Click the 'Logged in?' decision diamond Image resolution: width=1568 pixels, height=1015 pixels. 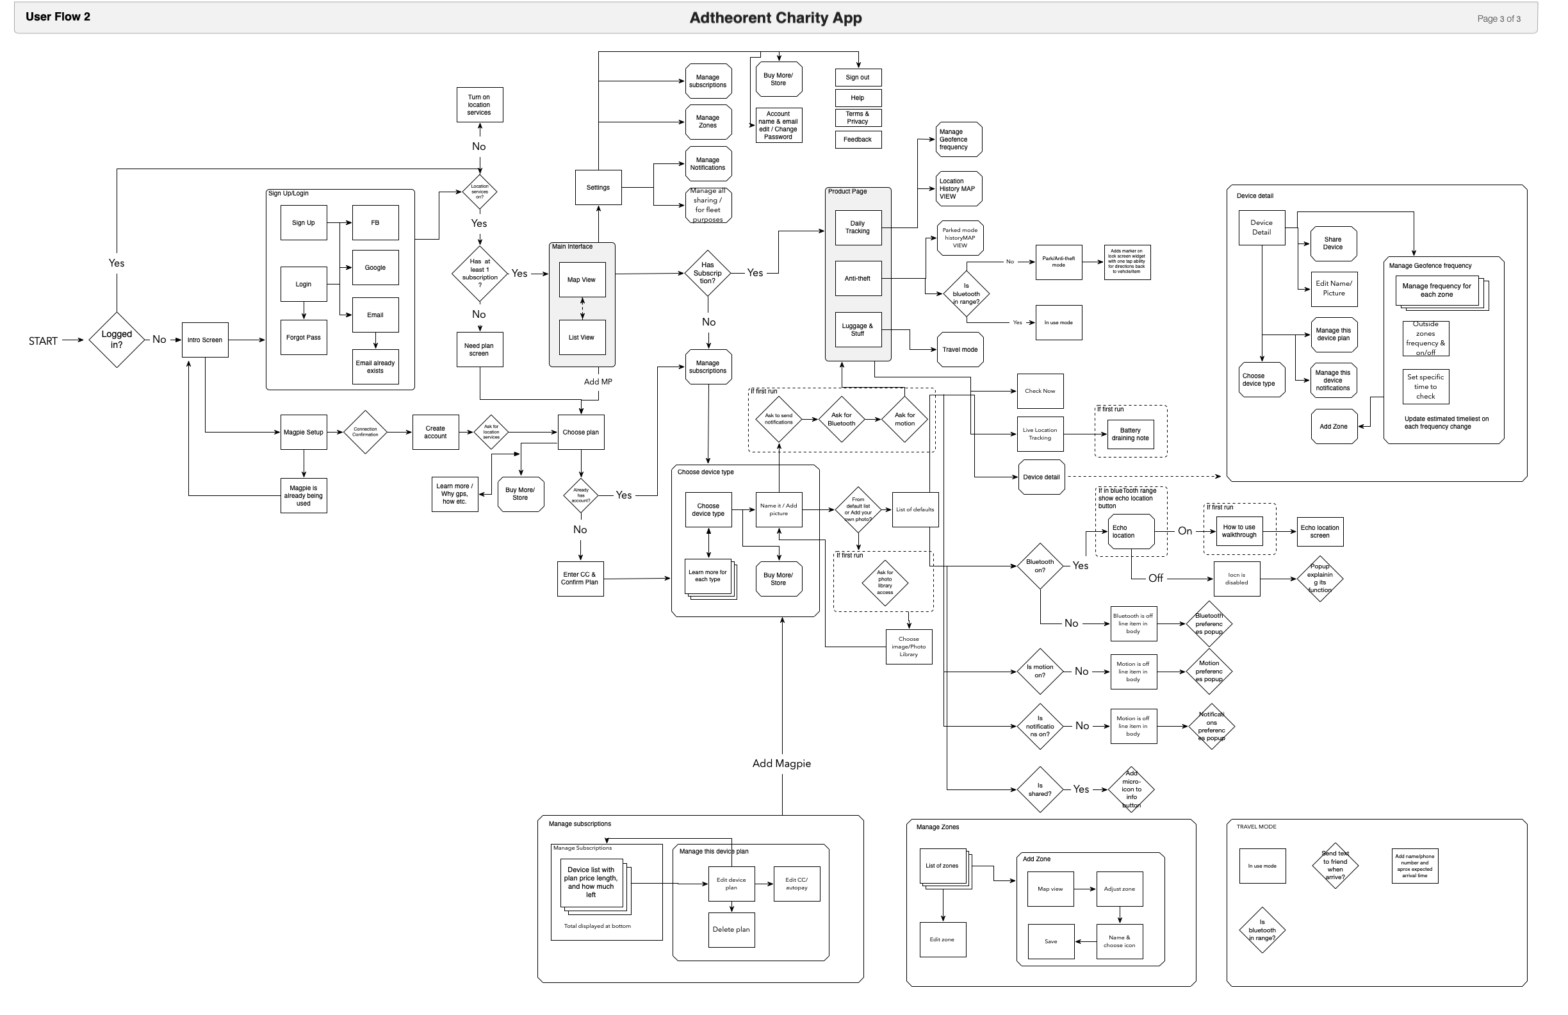(117, 340)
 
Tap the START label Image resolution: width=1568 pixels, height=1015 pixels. (43, 341)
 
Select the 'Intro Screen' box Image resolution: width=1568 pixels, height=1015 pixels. (205, 340)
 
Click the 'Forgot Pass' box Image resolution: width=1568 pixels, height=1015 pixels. (304, 338)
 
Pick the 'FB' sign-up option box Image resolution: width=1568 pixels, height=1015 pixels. (375, 223)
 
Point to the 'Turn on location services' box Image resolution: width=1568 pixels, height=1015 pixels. (480, 105)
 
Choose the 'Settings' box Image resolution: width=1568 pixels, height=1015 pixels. (598, 188)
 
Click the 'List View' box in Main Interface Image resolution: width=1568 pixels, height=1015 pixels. (582, 338)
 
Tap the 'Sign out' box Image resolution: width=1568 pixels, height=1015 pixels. (858, 78)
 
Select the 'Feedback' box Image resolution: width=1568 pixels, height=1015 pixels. (858, 140)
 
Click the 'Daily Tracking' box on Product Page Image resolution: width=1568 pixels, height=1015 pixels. (858, 227)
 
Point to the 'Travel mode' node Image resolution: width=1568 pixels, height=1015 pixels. (960, 350)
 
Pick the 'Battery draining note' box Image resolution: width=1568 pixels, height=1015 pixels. (1131, 434)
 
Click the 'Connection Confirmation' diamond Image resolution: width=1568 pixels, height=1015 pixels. (366, 433)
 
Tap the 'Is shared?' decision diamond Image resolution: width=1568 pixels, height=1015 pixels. (1040, 789)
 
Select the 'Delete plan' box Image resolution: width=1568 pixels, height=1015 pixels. (731, 930)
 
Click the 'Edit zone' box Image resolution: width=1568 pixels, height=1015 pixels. (943, 940)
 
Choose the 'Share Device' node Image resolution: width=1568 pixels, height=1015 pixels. (1334, 244)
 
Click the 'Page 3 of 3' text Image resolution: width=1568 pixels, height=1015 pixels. (1499, 19)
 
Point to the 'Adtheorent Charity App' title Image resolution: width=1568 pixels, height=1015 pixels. (776, 19)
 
